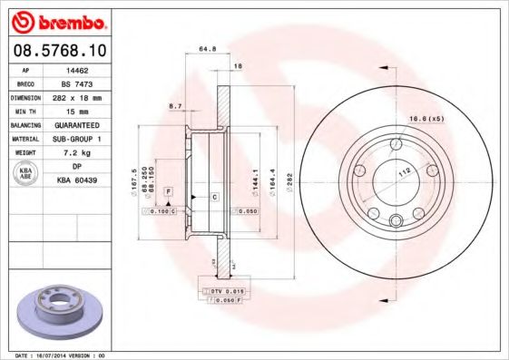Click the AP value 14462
tap(83, 69)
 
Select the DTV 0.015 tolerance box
tap(223, 290)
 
